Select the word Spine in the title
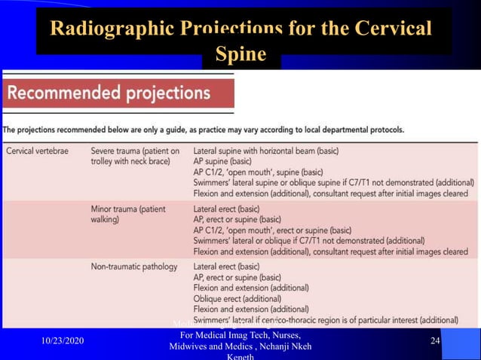click(240, 55)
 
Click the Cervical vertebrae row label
click(37, 151)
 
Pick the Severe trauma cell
click(135, 156)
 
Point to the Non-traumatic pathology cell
click(134, 267)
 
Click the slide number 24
click(435, 341)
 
